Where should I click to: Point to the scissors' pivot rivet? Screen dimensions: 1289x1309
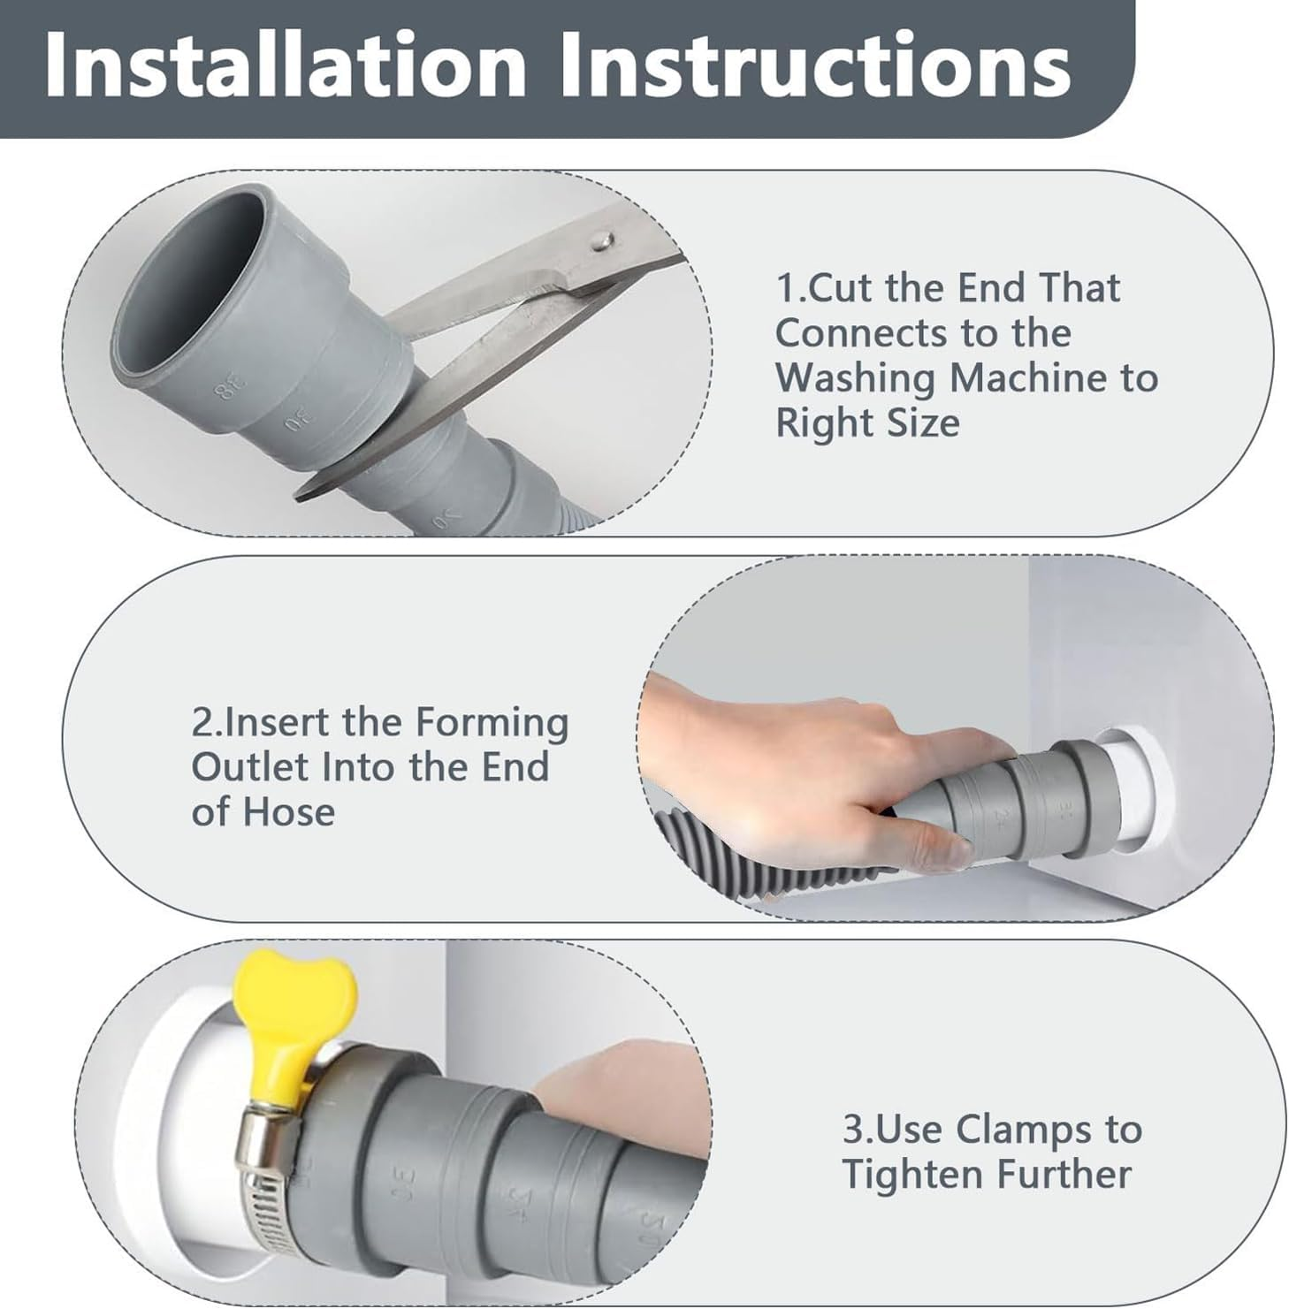tap(602, 237)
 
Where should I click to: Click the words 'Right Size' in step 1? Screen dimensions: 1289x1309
tap(867, 423)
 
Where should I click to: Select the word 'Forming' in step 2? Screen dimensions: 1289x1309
tap(492, 724)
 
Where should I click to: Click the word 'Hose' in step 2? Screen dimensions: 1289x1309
tap(288, 812)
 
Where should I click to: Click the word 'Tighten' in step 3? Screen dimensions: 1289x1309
tap(913, 1175)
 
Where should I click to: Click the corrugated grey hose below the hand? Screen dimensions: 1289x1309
tap(778, 866)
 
